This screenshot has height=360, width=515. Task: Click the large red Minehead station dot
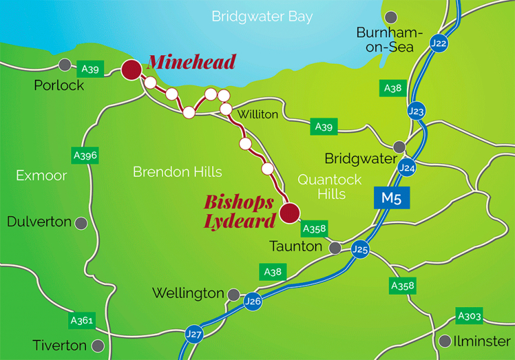pyautogui.click(x=131, y=69)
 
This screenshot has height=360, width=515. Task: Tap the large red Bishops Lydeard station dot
pyautogui.click(x=289, y=213)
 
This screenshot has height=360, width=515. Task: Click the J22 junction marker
pyautogui.click(x=439, y=44)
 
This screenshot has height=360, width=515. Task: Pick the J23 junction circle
pyautogui.click(x=416, y=111)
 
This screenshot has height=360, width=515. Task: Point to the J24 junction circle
pyautogui.click(x=405, y=167)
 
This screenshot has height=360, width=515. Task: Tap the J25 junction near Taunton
pyautogui.click(x=360, y=250)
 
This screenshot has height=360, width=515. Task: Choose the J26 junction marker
pyautogui.click(x=252, y=300)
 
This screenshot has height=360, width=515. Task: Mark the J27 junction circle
pyautogui.click(x=193, y=334)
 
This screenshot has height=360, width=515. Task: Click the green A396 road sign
pyautogui.click(x=85, y=155)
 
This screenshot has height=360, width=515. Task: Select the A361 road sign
pyautogui.click(x=82, y=321)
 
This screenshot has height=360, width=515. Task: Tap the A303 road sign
pyautogui.click(x=469, y=316)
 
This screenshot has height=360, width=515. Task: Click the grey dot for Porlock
pyautogui.click(x=64, y=64)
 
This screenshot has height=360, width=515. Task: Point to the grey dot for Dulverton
pyautogui.click(x=81, y=222)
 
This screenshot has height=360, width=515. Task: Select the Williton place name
pyautogui.click(x=258, y=115)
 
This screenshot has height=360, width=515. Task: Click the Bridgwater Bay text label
pyautogui.click(x=262, y=17)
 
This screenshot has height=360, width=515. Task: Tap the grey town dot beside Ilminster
pyautogui.click(x=444, y=341)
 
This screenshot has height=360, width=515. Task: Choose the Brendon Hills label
pyautogui.click(x=177, y=172)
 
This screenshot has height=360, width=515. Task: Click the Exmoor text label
pyautogui.click(x=42, y=175)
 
